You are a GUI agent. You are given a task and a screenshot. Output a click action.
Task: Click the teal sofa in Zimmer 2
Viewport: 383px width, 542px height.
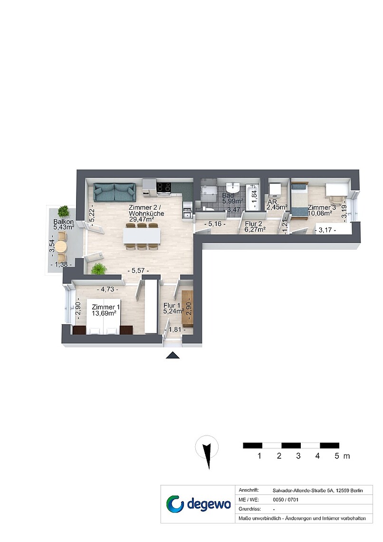tap(115, 193)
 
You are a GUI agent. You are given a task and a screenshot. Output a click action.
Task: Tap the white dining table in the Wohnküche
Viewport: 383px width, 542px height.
tap(142, 236)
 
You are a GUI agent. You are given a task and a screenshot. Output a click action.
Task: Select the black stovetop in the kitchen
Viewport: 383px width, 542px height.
tap(163, 187)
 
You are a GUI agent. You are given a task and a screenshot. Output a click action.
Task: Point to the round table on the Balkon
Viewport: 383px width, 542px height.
tap(61, 246)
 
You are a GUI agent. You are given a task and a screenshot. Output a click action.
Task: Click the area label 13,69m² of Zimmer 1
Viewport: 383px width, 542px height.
tap(104, 313)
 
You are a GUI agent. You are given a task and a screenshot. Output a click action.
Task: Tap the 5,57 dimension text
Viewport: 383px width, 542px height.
tap(138, 271)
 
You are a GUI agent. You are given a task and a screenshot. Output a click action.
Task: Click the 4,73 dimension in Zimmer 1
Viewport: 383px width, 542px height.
tap(107, 289)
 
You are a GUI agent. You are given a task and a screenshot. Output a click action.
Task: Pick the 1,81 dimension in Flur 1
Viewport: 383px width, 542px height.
tap(175, 330)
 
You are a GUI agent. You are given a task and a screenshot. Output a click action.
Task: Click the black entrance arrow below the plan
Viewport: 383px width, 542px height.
tap(172, 355)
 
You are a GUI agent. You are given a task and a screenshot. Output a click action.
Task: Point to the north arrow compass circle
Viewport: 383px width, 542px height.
tap(207, 446)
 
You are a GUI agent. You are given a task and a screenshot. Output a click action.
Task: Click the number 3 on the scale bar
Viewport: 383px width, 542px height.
tap(298, 456)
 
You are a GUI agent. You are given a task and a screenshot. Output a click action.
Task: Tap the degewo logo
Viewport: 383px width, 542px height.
tap(198, 503)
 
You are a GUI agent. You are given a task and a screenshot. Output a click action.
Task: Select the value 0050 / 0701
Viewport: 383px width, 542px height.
tap(286, 500)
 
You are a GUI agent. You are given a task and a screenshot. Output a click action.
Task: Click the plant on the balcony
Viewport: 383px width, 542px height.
tap(64, 211)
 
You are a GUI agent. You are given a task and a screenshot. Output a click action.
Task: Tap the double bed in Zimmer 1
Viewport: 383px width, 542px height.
tap(104, 317)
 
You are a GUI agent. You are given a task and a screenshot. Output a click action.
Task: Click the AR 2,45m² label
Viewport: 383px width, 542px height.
tap(277, 204)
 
